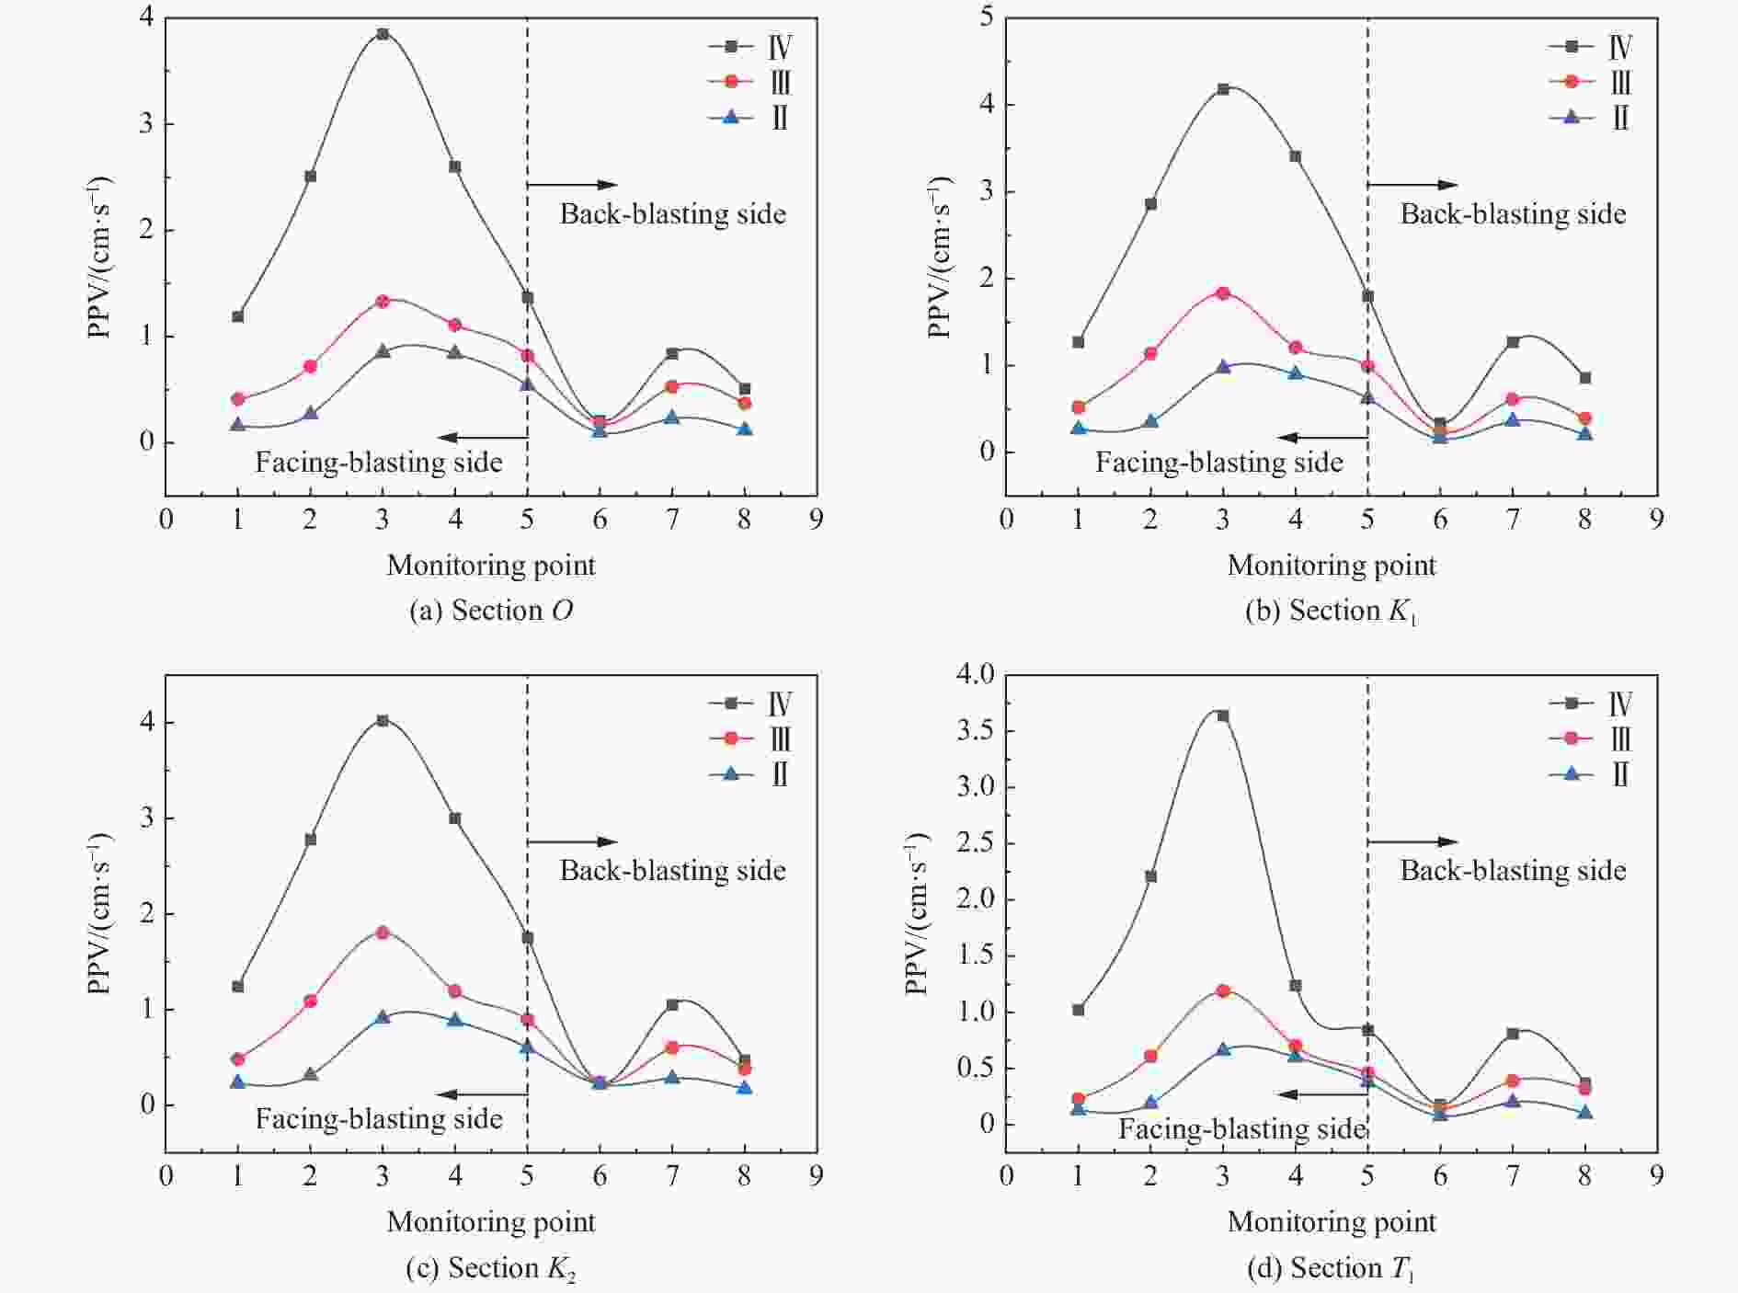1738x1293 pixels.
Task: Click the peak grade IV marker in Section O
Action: pos(383,34)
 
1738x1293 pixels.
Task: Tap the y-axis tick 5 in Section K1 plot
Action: pos(986,18)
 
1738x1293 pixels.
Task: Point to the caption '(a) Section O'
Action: pos(491,611)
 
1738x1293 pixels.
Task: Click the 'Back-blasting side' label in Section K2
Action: pos(672,871)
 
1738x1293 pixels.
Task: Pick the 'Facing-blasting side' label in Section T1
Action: pos(1241,1129)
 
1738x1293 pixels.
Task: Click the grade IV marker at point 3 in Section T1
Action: pos(1223,715)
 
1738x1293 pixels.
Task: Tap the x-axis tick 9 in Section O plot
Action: pos(816,521)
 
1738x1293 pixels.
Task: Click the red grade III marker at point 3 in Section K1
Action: pos(1223,293)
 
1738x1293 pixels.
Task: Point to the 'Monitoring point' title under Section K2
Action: pos(491,1222)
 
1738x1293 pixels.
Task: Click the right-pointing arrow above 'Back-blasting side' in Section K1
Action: pos(1412,185)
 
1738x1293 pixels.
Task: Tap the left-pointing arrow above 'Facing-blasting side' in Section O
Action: pos(481,438)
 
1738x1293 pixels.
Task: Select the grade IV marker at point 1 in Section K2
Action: pos(238,987)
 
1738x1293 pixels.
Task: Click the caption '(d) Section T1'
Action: pos(1331,1269)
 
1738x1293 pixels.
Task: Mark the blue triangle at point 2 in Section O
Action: pos(311,413)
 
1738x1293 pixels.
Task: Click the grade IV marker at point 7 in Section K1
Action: pos(1513,342)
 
